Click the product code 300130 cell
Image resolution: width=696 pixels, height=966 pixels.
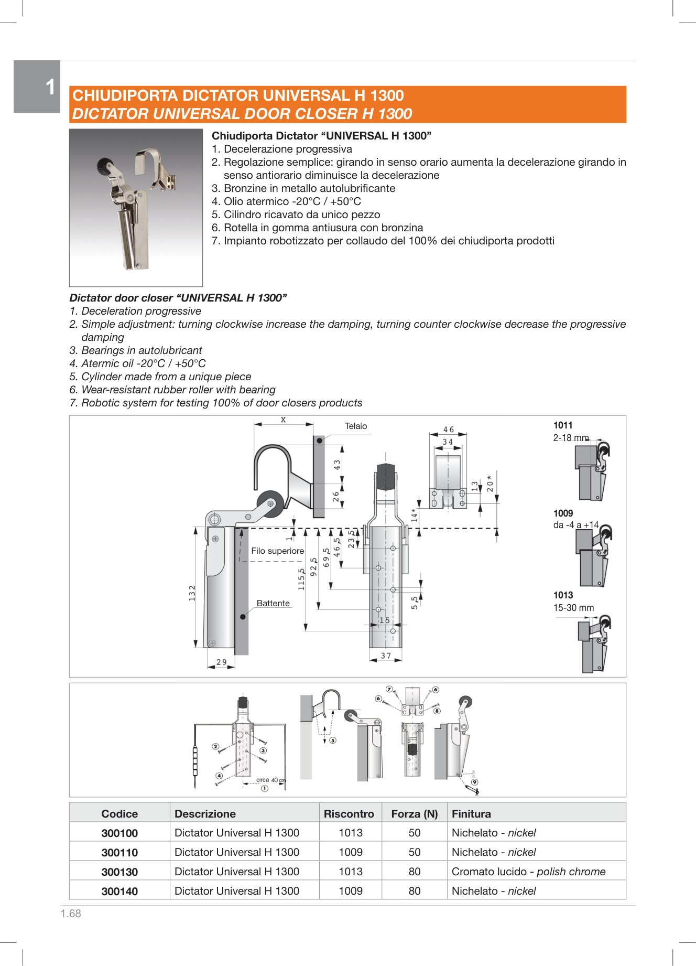(x=119, y=872)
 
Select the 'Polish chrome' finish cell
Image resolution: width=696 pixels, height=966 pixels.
(x=528, y=872)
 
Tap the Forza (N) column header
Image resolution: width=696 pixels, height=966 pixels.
(x=414, y=814)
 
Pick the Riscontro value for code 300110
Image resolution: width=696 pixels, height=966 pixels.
(x=350, y=852)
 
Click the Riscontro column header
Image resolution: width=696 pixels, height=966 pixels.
(x=349, y=814)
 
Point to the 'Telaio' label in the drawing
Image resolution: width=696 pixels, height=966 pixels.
(x=356, y=426)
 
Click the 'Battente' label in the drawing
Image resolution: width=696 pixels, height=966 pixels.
(x=273, y=604)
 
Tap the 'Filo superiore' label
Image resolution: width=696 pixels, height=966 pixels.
(x=277, y=551)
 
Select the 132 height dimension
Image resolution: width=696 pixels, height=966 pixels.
(x=192, y=593)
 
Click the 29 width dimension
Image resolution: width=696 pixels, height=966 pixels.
(x=222, y=662)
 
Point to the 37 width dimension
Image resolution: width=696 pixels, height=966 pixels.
(x=386, y=656)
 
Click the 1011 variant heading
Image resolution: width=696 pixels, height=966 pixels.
(x=563, y=426)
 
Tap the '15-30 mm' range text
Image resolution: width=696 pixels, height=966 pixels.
(x=573, y=608)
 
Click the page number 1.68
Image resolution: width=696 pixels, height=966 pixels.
(x=71, y=914)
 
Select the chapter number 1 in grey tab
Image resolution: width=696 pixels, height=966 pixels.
(x=50, y=87)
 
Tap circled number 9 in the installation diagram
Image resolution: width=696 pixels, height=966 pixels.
(x=474, y=782)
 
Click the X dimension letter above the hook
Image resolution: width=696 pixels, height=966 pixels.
(x=283, y=420)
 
